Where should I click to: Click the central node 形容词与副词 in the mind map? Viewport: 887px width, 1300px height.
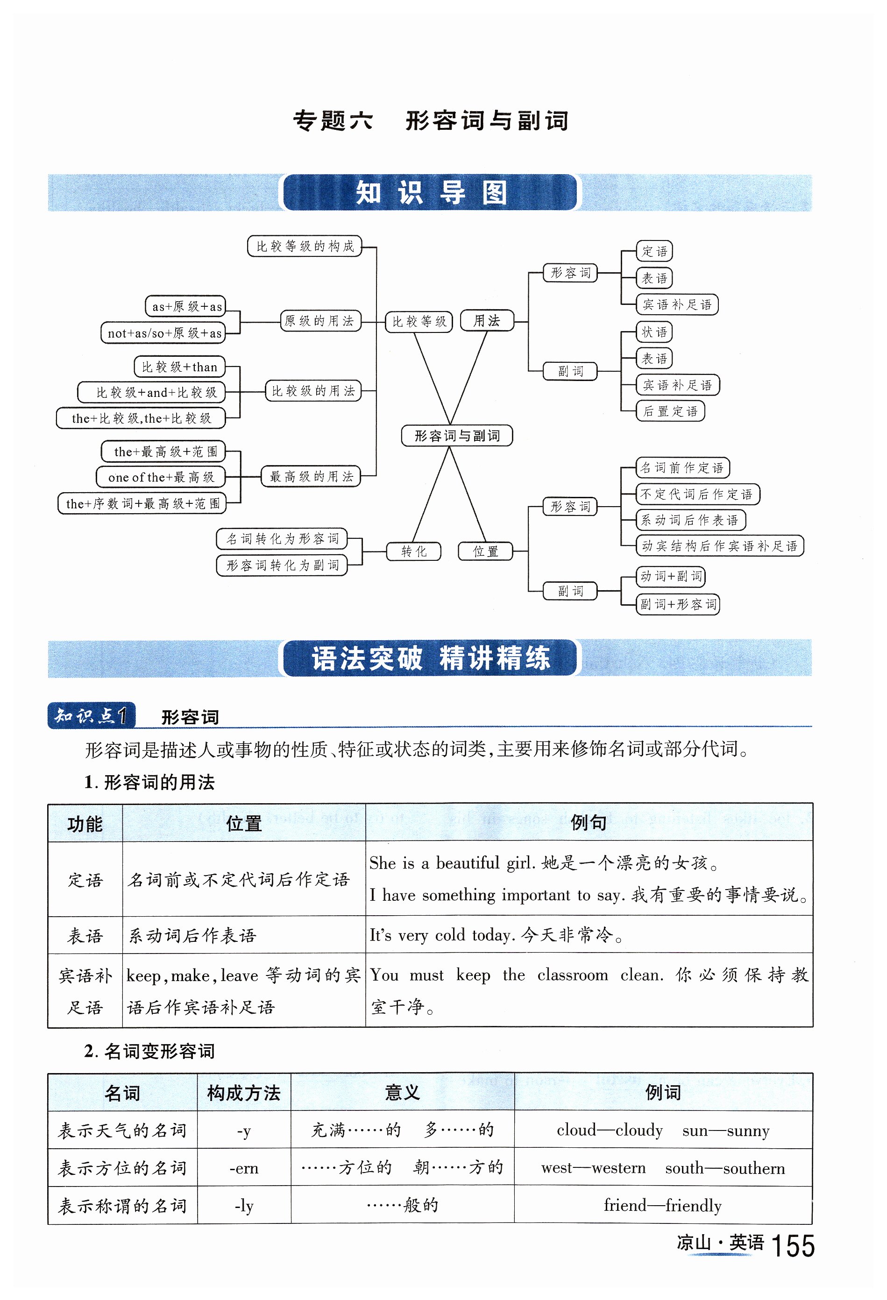click(x=457, y=436)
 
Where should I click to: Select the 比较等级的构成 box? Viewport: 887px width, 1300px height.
click(x=305, y=246)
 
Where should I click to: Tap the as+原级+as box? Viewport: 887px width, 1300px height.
click(x=186, y=306)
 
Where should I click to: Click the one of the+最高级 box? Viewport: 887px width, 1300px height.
click(x=161, y=477)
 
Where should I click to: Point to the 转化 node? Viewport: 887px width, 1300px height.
click(x=413, y=551)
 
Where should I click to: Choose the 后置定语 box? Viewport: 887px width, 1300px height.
click(x=670, y=411)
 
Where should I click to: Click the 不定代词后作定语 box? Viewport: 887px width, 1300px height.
click(x=697, y=494)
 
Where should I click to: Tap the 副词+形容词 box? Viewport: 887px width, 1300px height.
click(x=678, y=604)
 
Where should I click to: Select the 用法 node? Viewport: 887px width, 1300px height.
click(x=486, y=320)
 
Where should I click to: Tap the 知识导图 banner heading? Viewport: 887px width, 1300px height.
click(x=430, y=193)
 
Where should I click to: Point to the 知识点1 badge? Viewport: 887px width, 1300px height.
click(x=91, y=715)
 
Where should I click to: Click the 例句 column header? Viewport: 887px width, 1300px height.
click(x=588, y=822)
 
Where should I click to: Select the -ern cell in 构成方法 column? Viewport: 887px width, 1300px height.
click(x=243, y=1168)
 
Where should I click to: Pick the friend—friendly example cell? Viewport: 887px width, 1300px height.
click(x=663, y=1206)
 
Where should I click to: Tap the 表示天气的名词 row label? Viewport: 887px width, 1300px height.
click(x=122, y=1130)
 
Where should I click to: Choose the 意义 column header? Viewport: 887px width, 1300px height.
click(x=402, y=1093)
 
